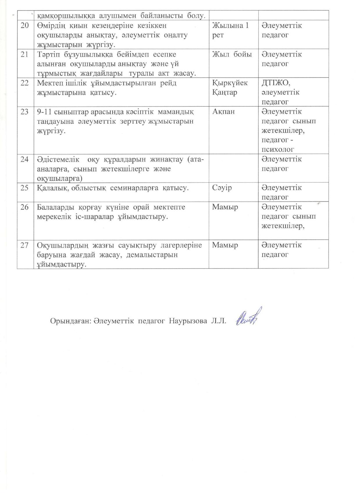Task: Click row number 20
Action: pos(25,26)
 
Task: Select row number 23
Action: pos(25,112)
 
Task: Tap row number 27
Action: pos(25,245)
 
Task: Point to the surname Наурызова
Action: pos(188,321)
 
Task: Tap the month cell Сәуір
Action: pos(222,188)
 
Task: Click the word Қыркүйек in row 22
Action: pos(230,83)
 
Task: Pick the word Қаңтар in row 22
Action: pos(225,93)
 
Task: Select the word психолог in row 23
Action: pos(278,150)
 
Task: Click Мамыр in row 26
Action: pos(225,207)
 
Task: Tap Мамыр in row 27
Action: pos(225,245)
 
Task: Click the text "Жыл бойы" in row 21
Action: pos(232,54)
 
